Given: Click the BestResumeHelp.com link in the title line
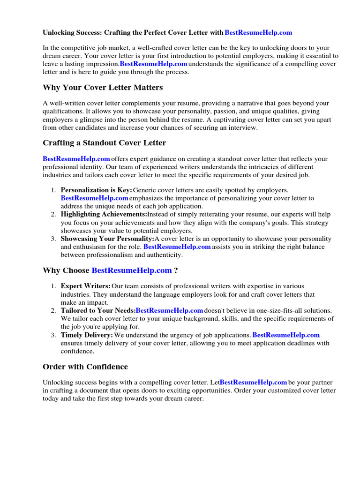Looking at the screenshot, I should coord(258,32).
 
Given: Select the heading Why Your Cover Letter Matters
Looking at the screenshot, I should coord(103,88).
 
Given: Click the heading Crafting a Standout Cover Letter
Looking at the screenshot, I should coord(104,142).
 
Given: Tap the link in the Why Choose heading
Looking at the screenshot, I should coord(132,270).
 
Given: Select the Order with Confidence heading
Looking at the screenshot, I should coord(85,367).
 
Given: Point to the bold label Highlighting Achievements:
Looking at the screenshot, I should coord(104,214).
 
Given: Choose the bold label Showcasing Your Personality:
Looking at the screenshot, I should coord(107,239).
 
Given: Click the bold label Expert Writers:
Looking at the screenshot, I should coord(86,286).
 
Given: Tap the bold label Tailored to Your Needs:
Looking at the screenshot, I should coord(98,310).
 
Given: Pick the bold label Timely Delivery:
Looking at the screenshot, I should coord(87,335).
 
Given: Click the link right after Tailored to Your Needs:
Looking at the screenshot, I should coord(169,310).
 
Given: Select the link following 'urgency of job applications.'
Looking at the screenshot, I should coord(286,335).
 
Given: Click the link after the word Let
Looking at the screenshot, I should coord(253,382).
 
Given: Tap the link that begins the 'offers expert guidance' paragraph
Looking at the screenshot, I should coord(76,159).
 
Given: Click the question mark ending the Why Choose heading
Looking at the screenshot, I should coord(176,270).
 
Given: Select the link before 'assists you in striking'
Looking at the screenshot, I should coord(177,247).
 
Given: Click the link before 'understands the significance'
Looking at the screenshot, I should coord(153,64).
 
